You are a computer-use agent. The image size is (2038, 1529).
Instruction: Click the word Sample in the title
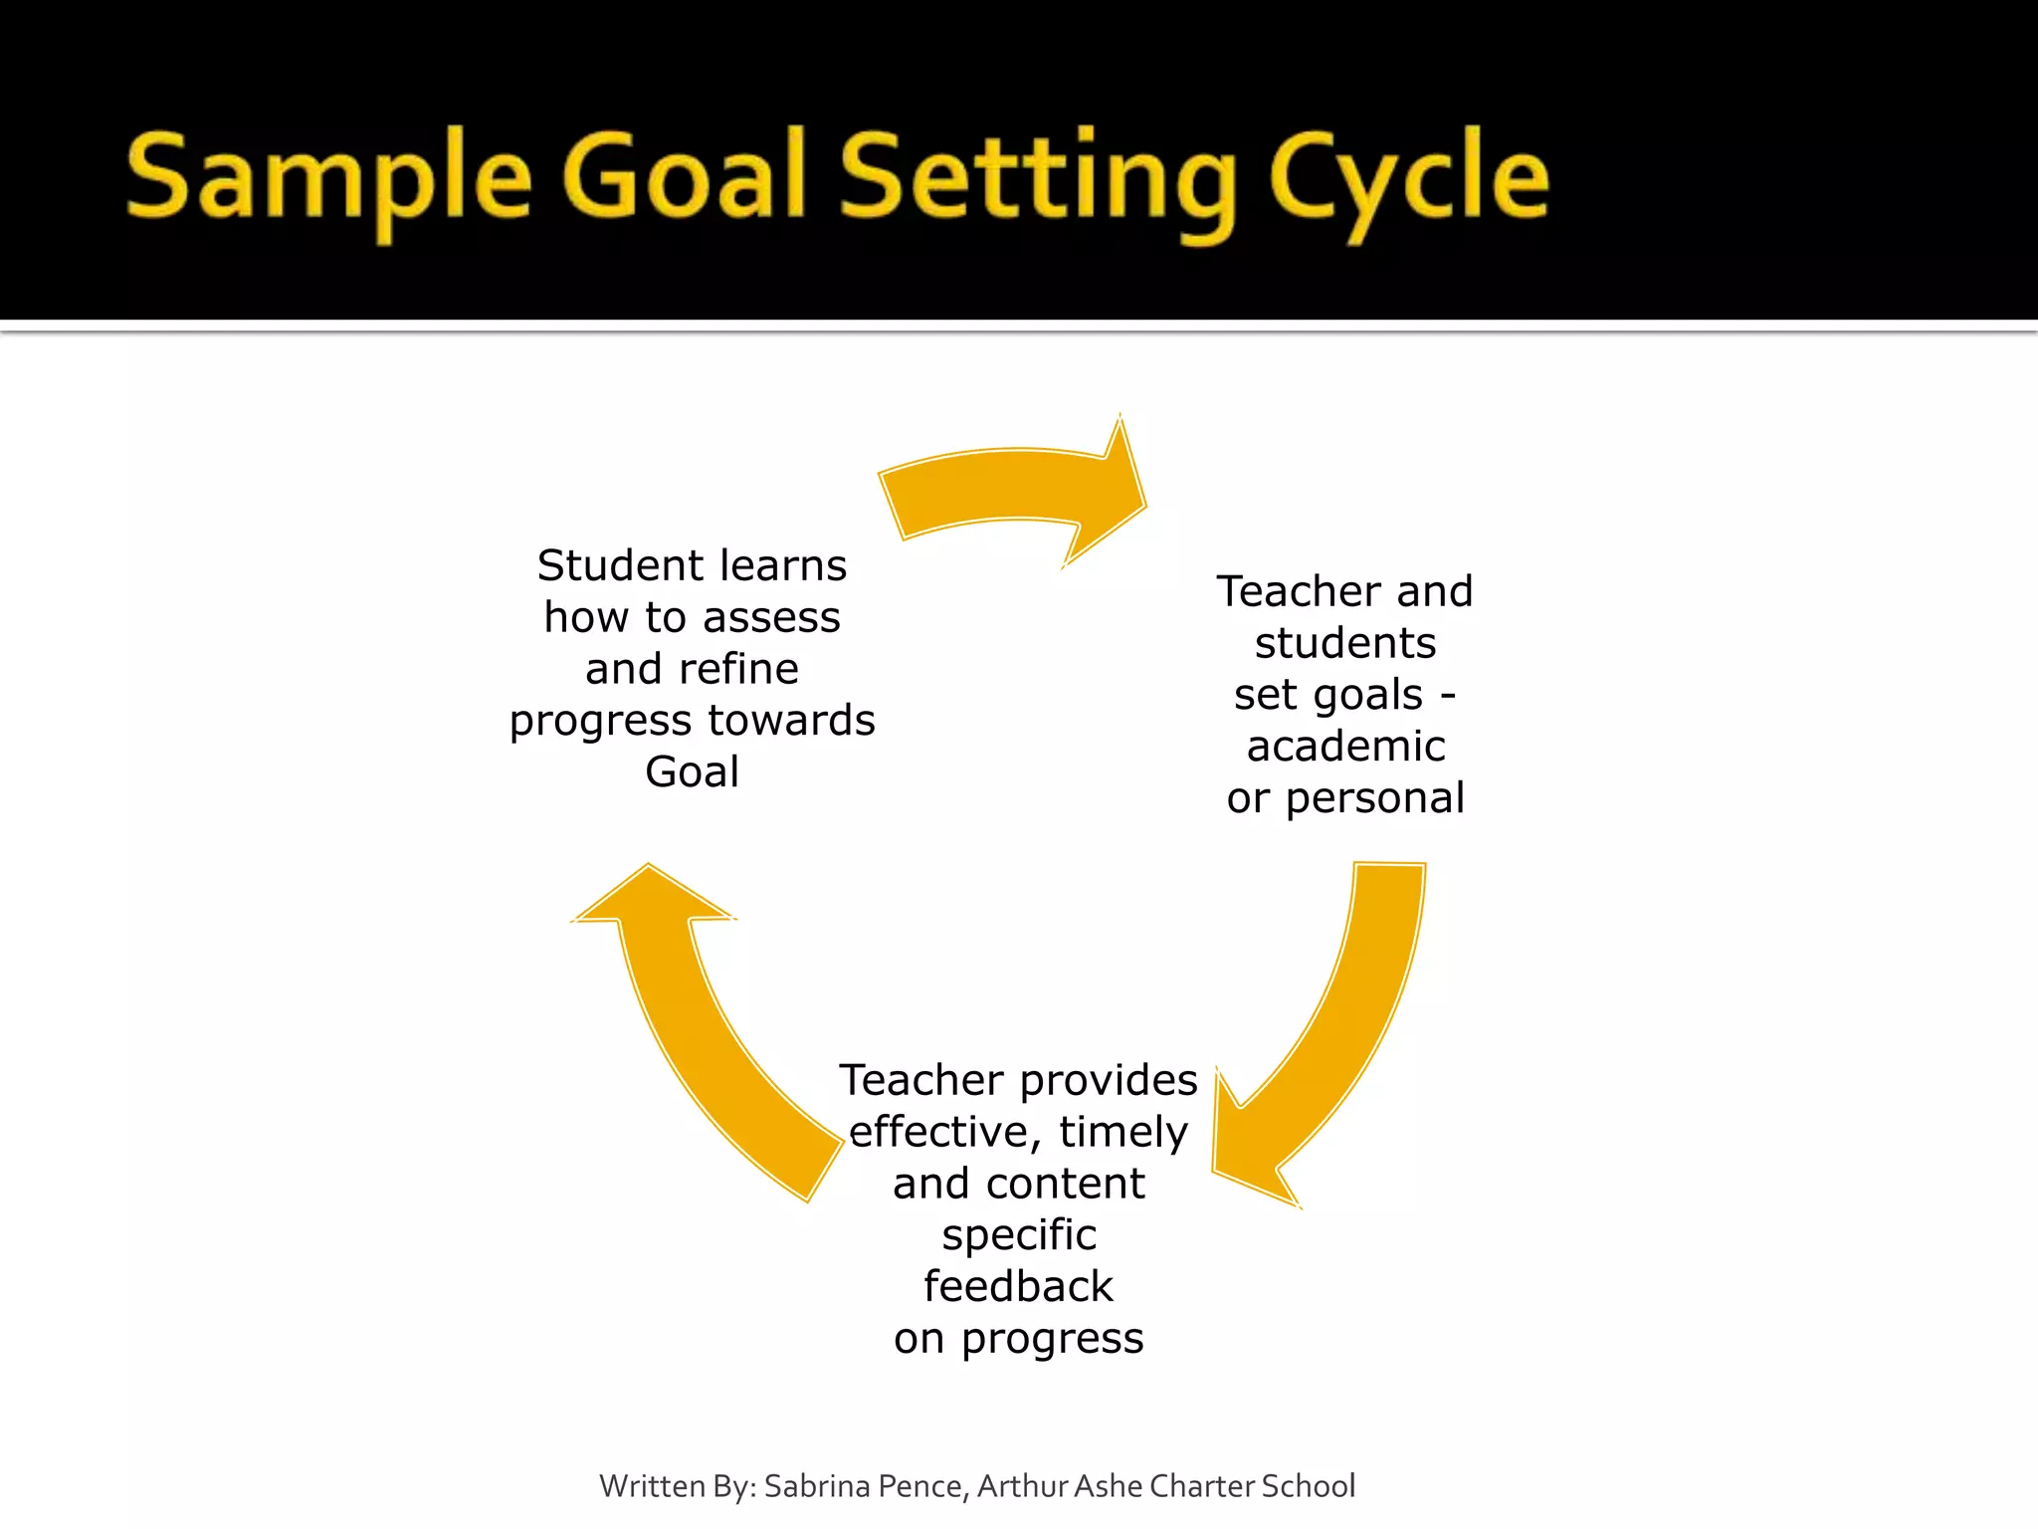click(328, 179)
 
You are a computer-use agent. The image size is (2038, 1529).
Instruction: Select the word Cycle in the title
click(1409, 179)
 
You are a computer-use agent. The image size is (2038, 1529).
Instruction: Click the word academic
click(1345, 747)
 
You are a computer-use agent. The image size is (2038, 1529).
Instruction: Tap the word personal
click(1374, 798)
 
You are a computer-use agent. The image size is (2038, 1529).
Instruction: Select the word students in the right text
click(1345, 643)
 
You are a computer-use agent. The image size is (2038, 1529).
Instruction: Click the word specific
click(1019, 1235)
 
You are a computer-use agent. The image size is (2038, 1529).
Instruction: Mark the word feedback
click(1018, 1286)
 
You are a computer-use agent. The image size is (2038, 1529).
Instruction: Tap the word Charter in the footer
click(1201, 1486)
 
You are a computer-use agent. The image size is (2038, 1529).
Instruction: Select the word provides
click(1109, 1080)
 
